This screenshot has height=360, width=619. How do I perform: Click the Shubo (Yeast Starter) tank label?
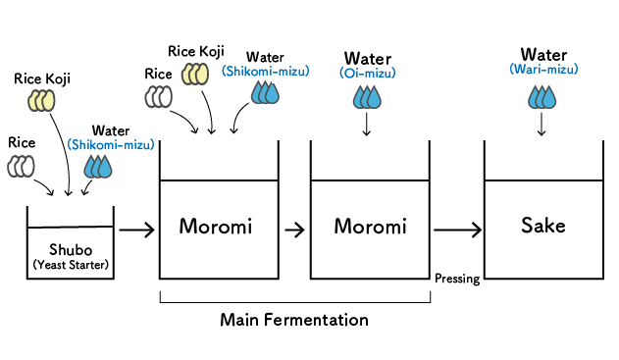(70, 255)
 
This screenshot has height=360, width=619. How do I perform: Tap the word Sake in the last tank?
(542, 227)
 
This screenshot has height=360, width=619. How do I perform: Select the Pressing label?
(456, 279)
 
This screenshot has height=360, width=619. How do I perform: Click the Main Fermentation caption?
(294, 320)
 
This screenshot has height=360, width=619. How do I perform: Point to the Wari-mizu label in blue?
(543, 70)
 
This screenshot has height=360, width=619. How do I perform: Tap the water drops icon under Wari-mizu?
(542, 96)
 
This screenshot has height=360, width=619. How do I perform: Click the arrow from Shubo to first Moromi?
(136, 231)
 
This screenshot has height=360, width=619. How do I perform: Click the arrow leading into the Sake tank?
(457, 231)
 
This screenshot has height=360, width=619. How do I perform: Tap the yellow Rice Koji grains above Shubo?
(42, 100)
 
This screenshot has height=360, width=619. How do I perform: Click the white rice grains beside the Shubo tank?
(21, 166)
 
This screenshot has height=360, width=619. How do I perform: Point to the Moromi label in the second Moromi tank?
(370, 227)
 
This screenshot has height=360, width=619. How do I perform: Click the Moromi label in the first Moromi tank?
(216, 227)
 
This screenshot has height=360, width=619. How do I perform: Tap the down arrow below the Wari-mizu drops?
(542, 125)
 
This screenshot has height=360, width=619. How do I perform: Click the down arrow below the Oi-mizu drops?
(366, 125)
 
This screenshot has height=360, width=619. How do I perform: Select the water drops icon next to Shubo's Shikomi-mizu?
(98, 167)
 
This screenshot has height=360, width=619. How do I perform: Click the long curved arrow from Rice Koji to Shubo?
(67, 157)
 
